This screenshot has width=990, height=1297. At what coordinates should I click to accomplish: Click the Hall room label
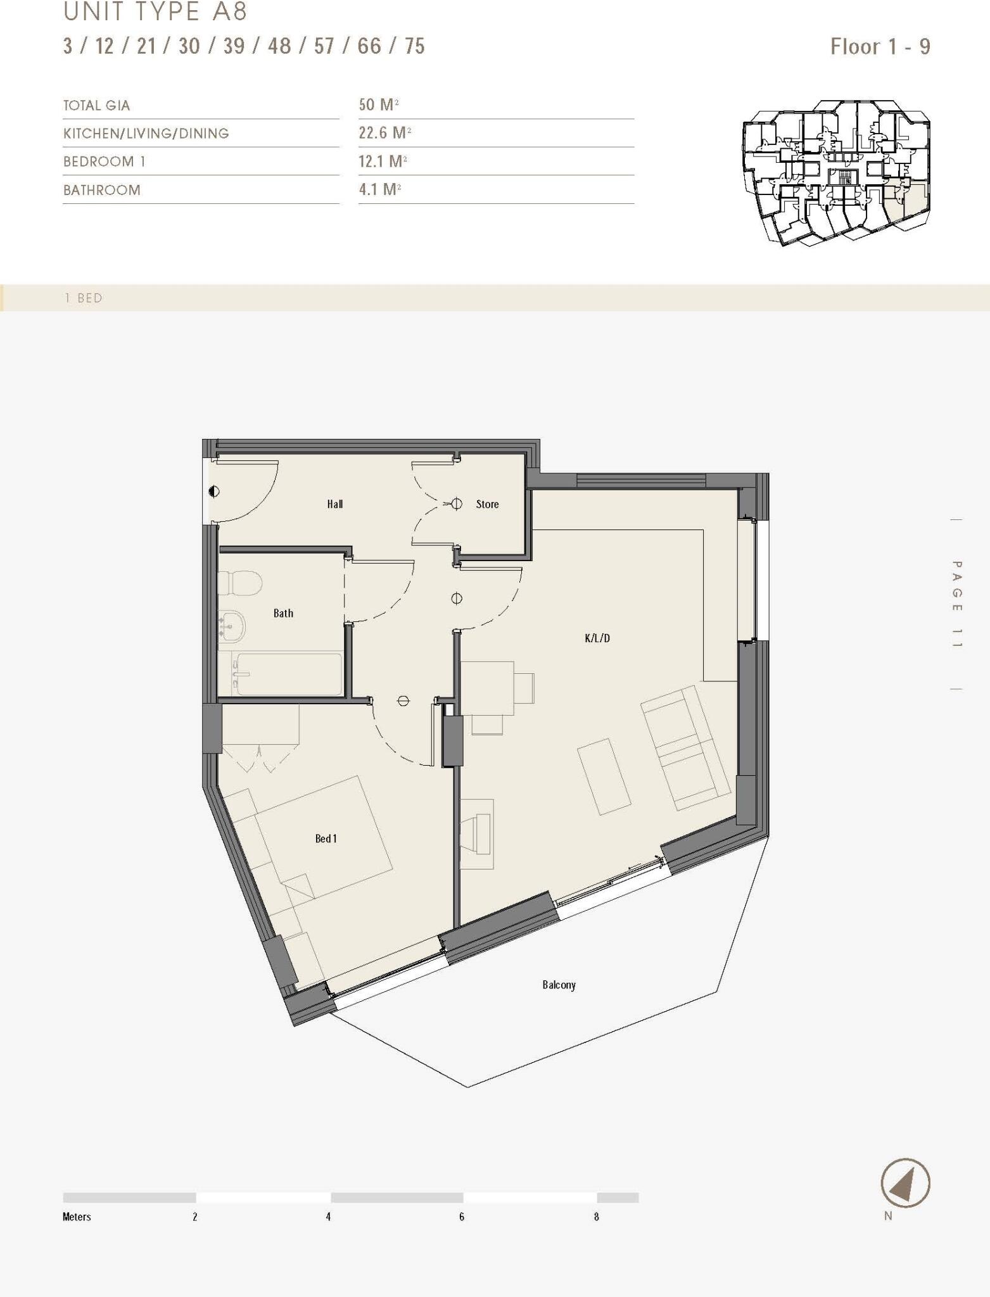pyautogui.click(x=335, y=504)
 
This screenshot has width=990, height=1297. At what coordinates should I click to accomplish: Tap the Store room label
pyautogui.click(x=487, y=504)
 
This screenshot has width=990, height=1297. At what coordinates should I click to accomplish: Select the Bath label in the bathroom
pyautogui.click(x=283, y=613)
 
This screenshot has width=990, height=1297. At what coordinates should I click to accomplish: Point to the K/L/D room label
pyautogui.click(x=597, y=638)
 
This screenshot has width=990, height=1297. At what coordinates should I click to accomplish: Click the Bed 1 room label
pyautogui.click(x=326, y=838)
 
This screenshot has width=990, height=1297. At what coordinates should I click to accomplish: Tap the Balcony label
pyautogui.click(x=559, y=985)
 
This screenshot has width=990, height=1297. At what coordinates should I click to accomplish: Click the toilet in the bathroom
pyautogui.click(x=240, y=583)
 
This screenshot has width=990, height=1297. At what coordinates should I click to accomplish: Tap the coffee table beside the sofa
pyautogui.click(x=604, y=776)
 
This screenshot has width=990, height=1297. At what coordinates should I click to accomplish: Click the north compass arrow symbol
pyautogui.click(x=905, y=1183)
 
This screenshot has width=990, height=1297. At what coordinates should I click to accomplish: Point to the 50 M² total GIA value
pyautogui.click(x=378, y=104)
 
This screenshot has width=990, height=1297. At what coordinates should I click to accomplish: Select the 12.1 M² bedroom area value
pyautogui.click(x=382, y=161)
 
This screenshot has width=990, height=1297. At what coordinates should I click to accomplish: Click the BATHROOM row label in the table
pyautogui.click(x=101, y=190)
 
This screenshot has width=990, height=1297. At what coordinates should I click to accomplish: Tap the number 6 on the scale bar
pyautogui.click(x=462, y=1217)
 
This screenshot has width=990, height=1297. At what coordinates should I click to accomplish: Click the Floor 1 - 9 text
pyautogui.click(x=880, y=46)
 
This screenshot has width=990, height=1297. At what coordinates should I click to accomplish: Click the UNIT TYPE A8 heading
pyautogui.click(x=155, y=11)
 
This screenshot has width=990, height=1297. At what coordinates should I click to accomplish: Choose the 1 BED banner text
pyautogui.click(x=83, y=298)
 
